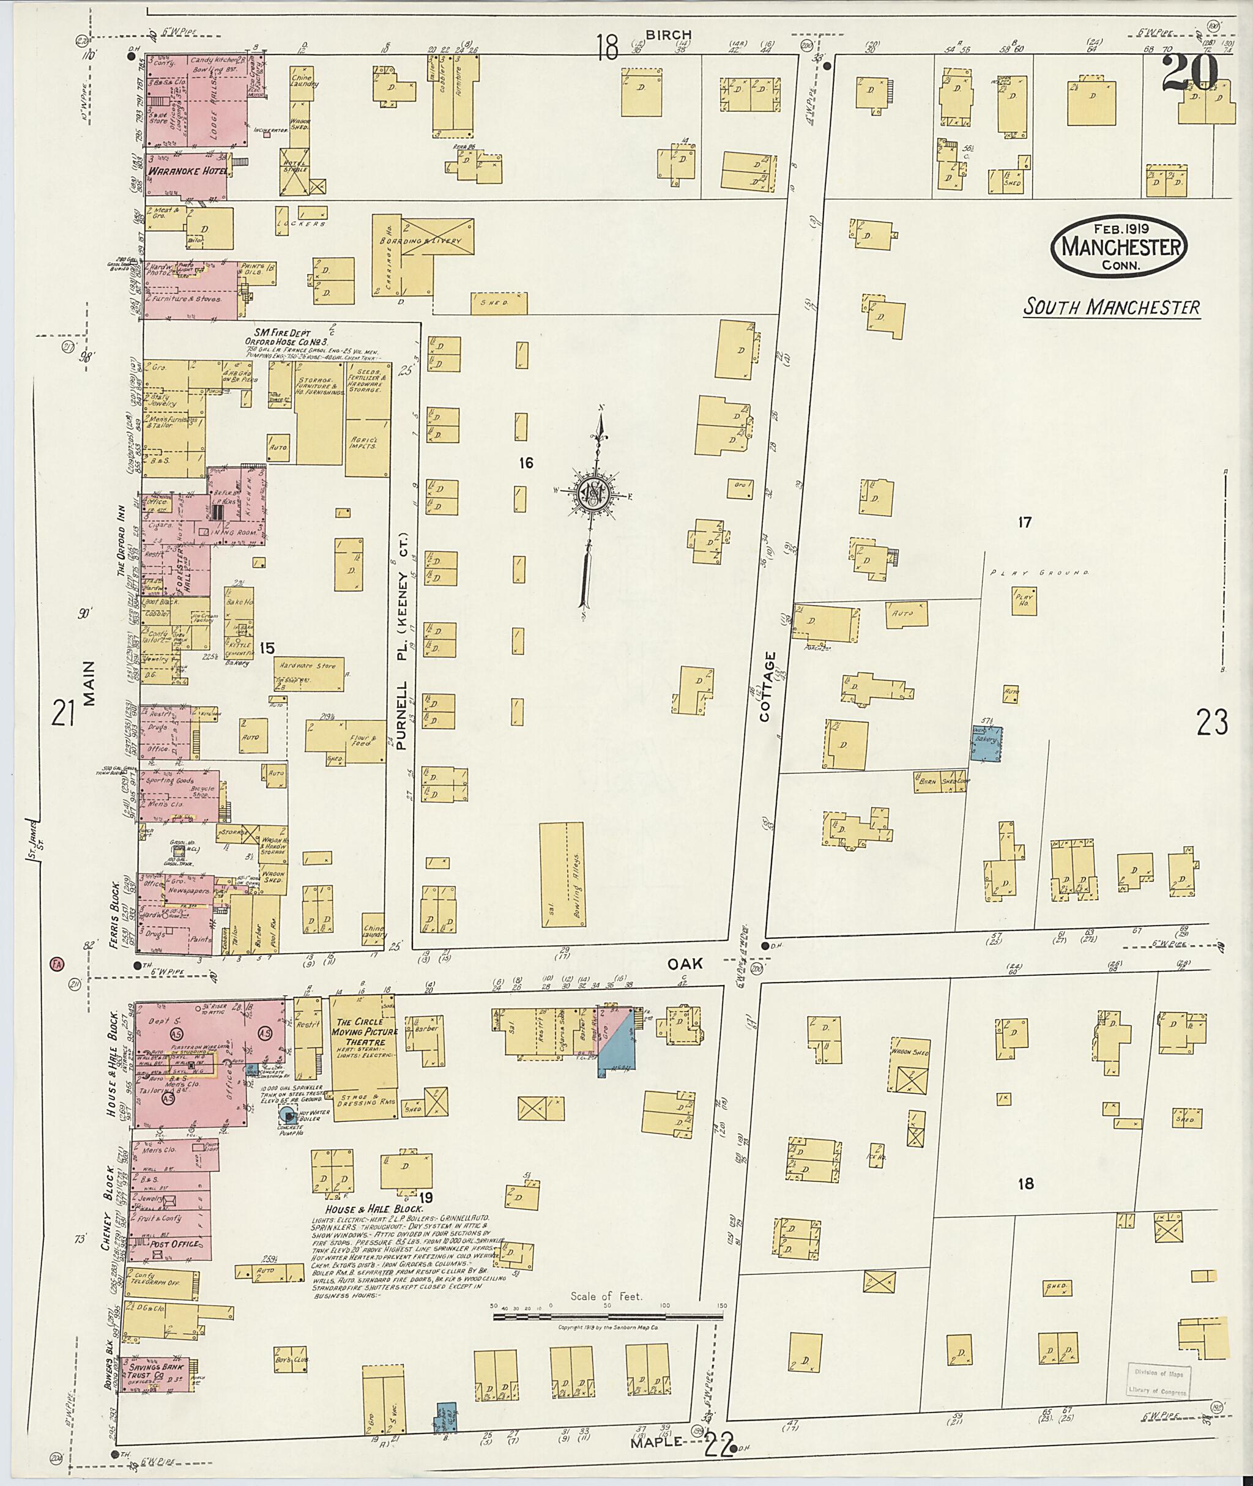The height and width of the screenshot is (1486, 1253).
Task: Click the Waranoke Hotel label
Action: point(187,171)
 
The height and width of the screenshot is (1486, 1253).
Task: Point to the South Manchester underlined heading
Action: point(1112,307)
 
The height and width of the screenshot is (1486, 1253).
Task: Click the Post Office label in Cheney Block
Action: point(176,1244)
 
